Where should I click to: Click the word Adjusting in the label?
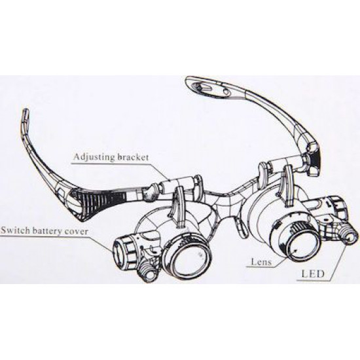pos(94,157)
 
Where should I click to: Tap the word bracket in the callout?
pos(133,157)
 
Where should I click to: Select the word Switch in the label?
pos(16,230)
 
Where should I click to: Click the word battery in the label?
pos(47,231)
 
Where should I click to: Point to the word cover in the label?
pos(76,231)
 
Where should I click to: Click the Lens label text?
pos(262,262)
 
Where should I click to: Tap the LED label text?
pos(313,274)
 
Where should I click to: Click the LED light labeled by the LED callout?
pos(351,236)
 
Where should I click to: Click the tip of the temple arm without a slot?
pos(25,114)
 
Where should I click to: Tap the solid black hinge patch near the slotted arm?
pos(316,158)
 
